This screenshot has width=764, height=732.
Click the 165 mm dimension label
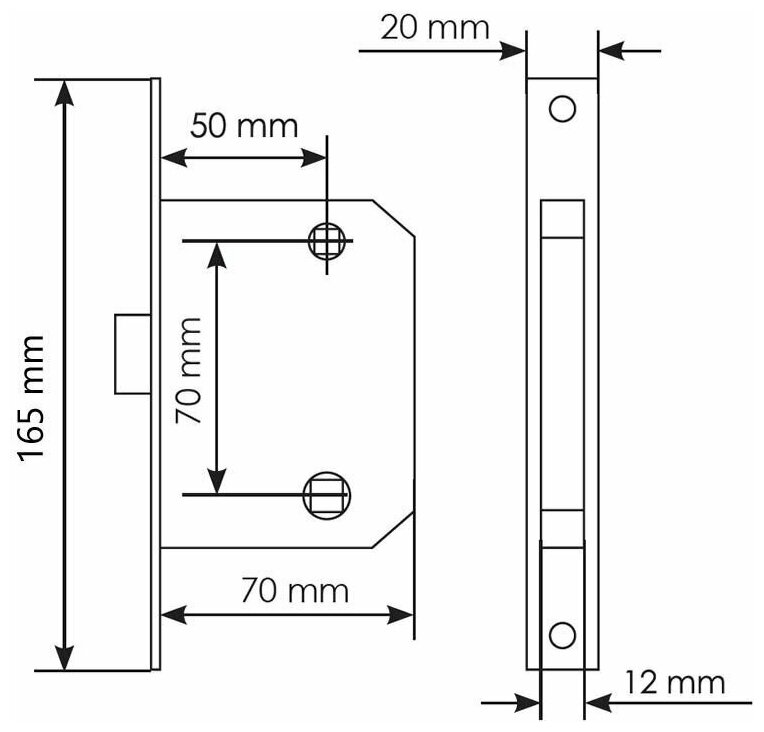coord(33,398)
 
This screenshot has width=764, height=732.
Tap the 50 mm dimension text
coord(244,126)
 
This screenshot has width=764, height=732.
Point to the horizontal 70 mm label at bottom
coord(294,591)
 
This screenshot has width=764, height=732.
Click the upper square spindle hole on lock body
coord(327,241)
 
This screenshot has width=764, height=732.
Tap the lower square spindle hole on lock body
coord(326,494)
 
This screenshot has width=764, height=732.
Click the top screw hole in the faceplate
coord(563,108)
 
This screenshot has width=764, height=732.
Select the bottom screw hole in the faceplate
coord(563,634)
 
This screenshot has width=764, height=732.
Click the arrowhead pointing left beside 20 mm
coord(610,46)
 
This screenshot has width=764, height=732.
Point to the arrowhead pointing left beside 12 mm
coord(596,704)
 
